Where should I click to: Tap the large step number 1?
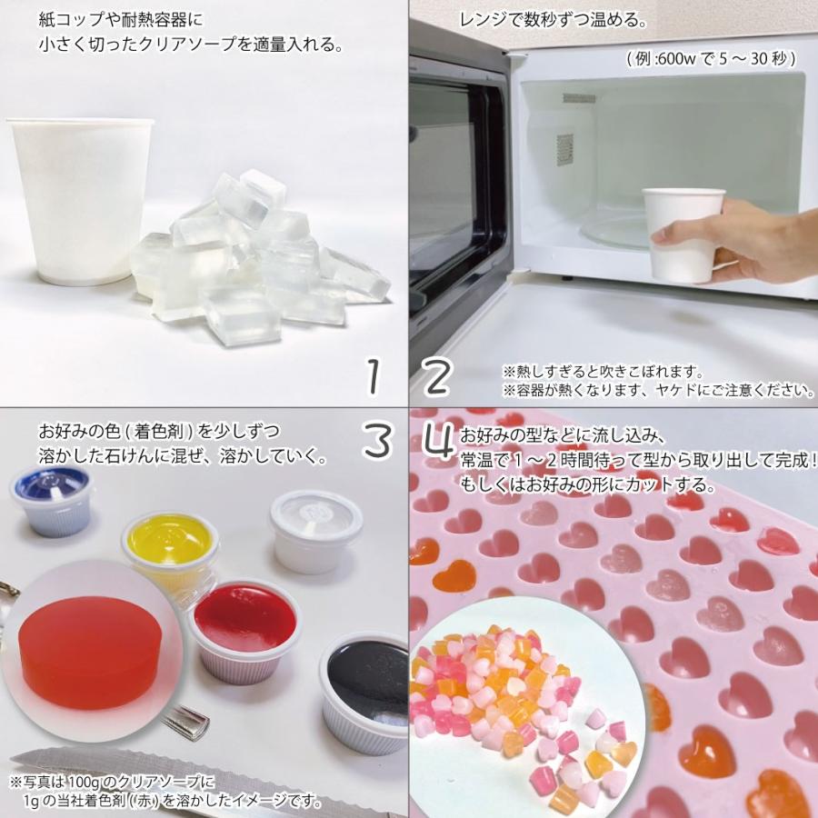pos(373,375)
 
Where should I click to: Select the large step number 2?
pos(436,375)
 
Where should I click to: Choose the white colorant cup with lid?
pos(316,530)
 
